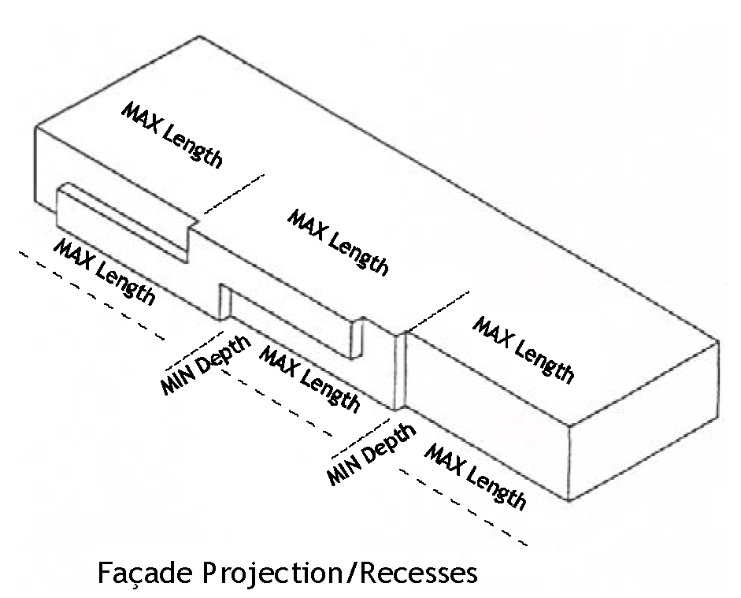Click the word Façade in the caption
tap(145, 574)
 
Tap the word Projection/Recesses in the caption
tap(340, 574)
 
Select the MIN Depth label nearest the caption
tap(372, 454)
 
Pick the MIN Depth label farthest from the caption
tap(206, 365)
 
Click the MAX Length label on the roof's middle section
tap(339, 242)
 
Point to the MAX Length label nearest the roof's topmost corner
tap(172, 135)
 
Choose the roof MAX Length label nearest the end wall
tap(524, 349)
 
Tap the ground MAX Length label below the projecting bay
tap(104, 271)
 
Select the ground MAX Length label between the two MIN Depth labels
tap(310, 378)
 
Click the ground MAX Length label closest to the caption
tap(475, 477)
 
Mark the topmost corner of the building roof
tap(199, 36)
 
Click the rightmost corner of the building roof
tap(719, 340)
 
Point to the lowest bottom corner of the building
tap(569, 500)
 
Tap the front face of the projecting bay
tap(122, 226)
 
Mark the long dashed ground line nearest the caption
tap(463, 507)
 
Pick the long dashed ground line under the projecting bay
tap(91, 295)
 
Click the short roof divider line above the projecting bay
tap(233, 194)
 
